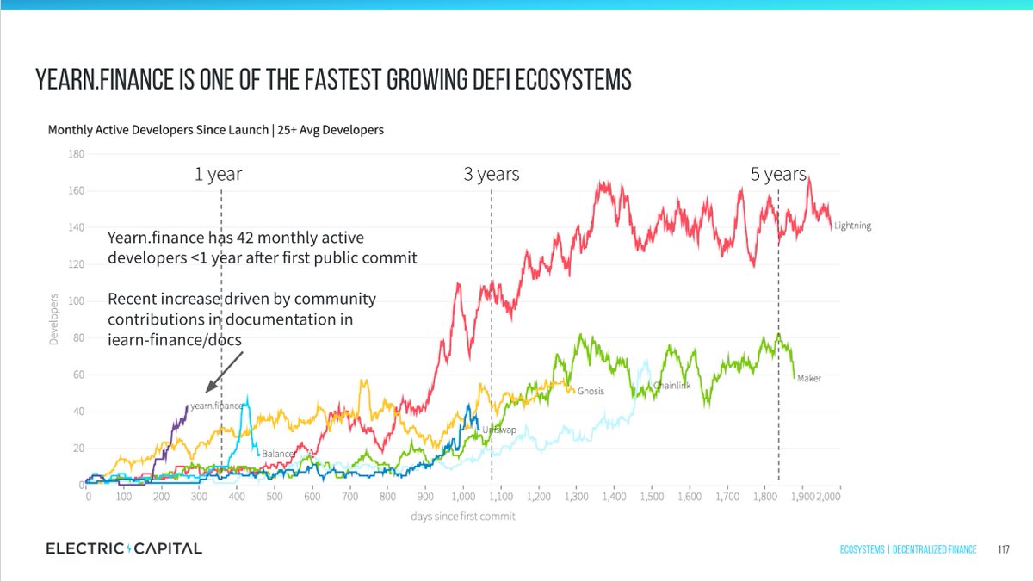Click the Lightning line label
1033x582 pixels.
[852, 226]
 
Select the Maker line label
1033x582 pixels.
[809, 378]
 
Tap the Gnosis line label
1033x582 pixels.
[591, 391]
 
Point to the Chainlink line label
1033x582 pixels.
[671, 386]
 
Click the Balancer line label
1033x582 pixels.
[279, 453]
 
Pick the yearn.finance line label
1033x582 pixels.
[217, 406]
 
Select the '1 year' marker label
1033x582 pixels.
[219, 175]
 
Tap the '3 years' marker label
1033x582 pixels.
[491, 175]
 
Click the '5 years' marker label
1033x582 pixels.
[778, 175]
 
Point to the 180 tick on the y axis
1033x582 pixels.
[77, 155]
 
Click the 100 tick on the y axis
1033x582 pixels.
[77, 301]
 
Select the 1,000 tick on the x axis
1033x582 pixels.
[463, 498]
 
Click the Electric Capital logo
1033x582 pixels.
[124, 548]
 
